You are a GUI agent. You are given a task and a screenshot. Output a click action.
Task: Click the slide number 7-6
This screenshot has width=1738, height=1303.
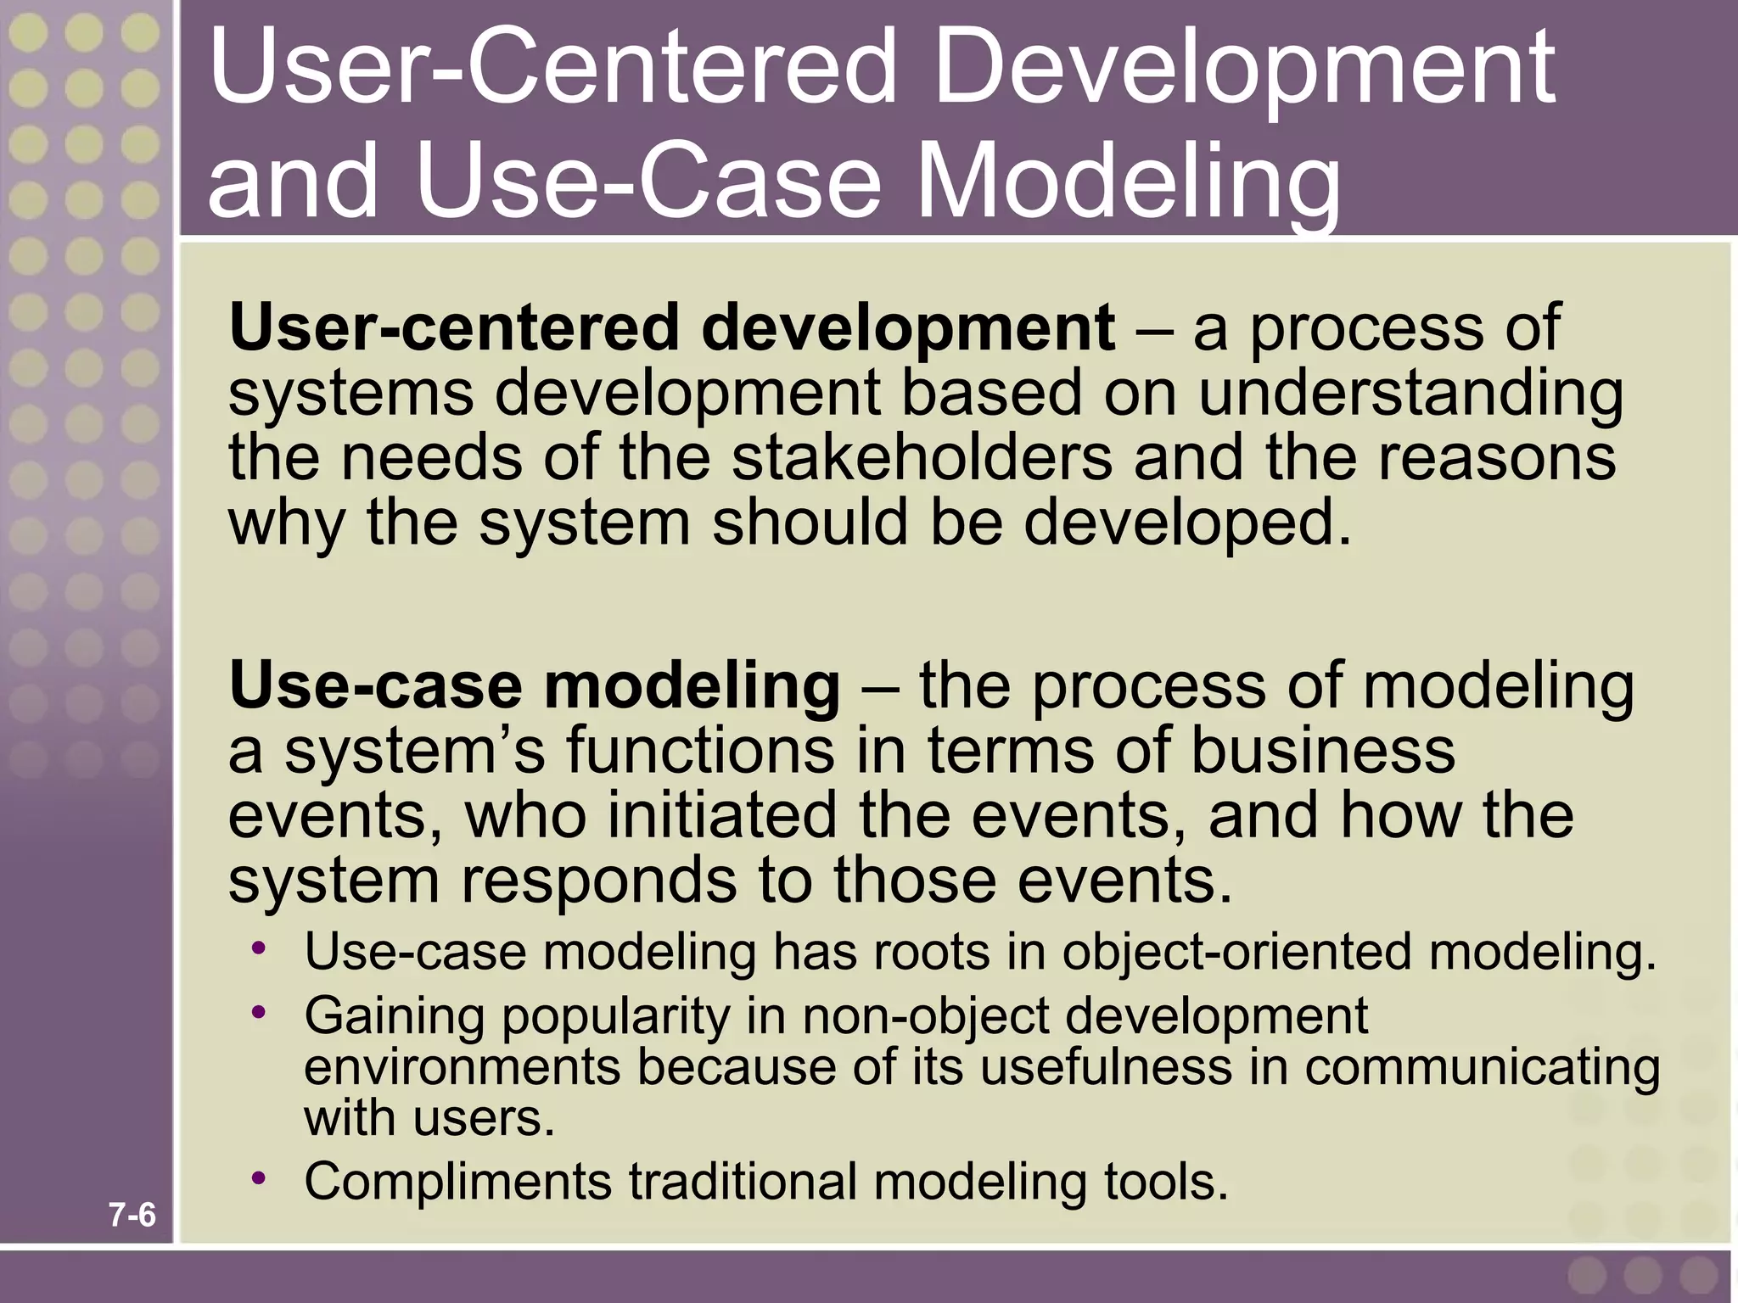132,1216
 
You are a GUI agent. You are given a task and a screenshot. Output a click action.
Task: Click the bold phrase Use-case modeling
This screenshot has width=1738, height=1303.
534,685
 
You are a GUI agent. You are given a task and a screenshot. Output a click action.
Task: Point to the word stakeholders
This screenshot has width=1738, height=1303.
922,459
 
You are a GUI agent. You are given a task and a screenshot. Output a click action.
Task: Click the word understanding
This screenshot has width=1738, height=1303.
1410,395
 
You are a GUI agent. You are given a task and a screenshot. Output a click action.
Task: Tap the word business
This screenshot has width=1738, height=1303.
1323,751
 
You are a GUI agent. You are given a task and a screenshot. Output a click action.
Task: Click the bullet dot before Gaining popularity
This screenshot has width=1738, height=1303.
259,1011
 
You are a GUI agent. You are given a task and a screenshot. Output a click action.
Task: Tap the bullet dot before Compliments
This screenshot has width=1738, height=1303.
259,1177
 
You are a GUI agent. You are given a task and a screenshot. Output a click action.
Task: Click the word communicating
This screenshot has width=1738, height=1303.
1482,1066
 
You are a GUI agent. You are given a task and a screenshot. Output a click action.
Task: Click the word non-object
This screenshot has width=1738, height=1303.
926,1016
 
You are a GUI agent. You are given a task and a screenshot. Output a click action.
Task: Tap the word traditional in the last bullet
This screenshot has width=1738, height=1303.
743,1182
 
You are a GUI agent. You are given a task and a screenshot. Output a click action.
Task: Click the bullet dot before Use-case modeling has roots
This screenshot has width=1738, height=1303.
259,947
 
